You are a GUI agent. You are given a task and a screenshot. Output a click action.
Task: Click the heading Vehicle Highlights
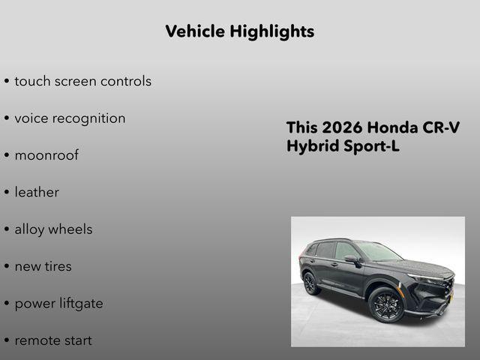click(239, 31)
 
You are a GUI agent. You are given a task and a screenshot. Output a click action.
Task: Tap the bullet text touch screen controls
click(82, 81)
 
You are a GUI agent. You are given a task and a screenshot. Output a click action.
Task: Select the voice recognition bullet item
click(70, 118)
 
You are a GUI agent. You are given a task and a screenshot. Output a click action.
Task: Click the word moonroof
click(46, 155)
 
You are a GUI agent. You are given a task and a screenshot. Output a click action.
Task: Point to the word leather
click(37, 192)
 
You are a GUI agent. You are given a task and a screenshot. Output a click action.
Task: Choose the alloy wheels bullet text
click(53, 229)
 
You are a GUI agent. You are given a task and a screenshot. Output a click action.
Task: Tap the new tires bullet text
click(43, 266)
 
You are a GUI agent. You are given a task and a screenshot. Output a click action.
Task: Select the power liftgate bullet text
click(58, 304)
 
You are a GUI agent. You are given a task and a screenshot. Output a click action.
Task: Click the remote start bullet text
click(53, 340)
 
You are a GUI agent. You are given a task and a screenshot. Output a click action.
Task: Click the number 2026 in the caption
click(342, 127)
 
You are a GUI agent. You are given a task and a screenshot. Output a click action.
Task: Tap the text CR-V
click(441, 127)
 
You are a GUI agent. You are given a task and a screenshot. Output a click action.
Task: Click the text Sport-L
click(372, 146)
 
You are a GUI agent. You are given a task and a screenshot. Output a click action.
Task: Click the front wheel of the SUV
click(385, 304)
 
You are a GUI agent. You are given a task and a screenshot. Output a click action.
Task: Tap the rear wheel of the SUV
click(310, 283)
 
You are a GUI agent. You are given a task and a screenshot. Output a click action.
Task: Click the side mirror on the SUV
click(350, 259)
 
